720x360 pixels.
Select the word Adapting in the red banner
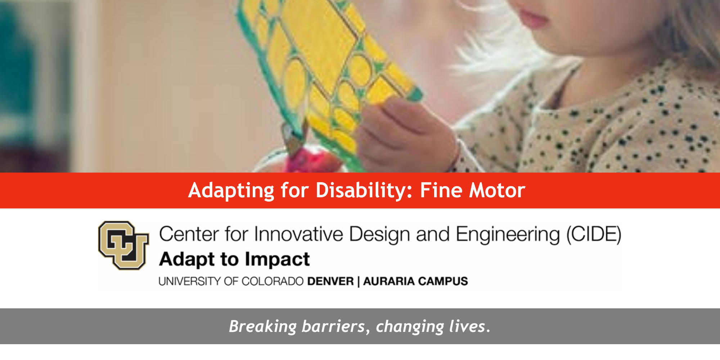click(x=231, y=190)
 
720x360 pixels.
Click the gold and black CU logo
click(x=123, y=246)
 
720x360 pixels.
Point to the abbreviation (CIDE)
click(x=594, y=235)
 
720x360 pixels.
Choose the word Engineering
click(x=508, y=235)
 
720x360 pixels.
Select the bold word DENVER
click(x=330, y=281)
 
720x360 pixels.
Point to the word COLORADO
click(x=273, y=281)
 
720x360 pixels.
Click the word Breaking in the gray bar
click(x=263, y=327)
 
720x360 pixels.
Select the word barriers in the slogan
click(x=333, y=326)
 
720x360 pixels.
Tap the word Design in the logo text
click(x=379, y=235)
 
